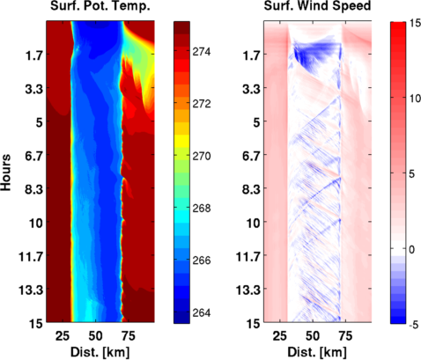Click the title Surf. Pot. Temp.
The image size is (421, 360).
click(x=100, y=6)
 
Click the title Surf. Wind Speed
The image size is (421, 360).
click(x=317, y=6)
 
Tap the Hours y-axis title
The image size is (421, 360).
click(x=6, y=173)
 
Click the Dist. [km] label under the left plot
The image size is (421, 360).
click(x=100, y=352)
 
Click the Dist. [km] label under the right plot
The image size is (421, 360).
click(x=317, y=352)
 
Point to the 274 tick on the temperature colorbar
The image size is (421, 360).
click(x=202, y=52)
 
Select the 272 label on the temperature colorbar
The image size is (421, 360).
click(x=202, y=104)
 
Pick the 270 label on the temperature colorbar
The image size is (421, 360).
click(x=202, y=156)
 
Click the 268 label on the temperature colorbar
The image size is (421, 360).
click(x=202, y=209)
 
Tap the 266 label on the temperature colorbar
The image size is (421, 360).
click(x=202, y=261)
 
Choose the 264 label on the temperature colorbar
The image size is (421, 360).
click(x=202, y=312)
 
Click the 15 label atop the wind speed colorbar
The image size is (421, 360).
click(x=415, y=24)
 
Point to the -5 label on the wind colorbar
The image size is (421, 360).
click(x=414, y=325)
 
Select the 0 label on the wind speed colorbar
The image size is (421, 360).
click(x=412, y=250)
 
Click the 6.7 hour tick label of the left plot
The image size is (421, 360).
click(x=33, y=156)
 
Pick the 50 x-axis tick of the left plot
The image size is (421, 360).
click(x=96, y=336)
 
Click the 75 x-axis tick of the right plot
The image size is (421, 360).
click(x=345, y=336)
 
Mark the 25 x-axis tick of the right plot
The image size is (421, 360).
click(x=279, y=336)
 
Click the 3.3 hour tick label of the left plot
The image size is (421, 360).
click(x=33, y=89)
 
